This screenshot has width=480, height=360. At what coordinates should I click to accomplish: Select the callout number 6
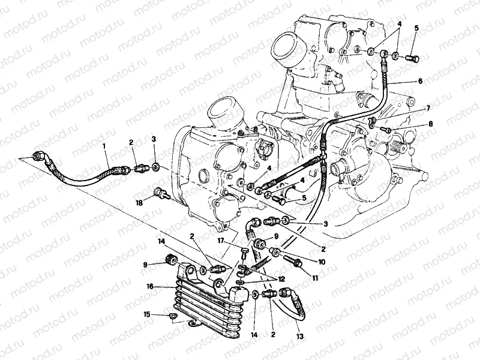pyautogui.click(x=420, y=81)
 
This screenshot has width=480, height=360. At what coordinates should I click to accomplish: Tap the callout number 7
pyautogui.click(x=428, y=108)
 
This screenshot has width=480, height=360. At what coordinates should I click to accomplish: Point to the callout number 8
pyautogui.click(x=430, y=124)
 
